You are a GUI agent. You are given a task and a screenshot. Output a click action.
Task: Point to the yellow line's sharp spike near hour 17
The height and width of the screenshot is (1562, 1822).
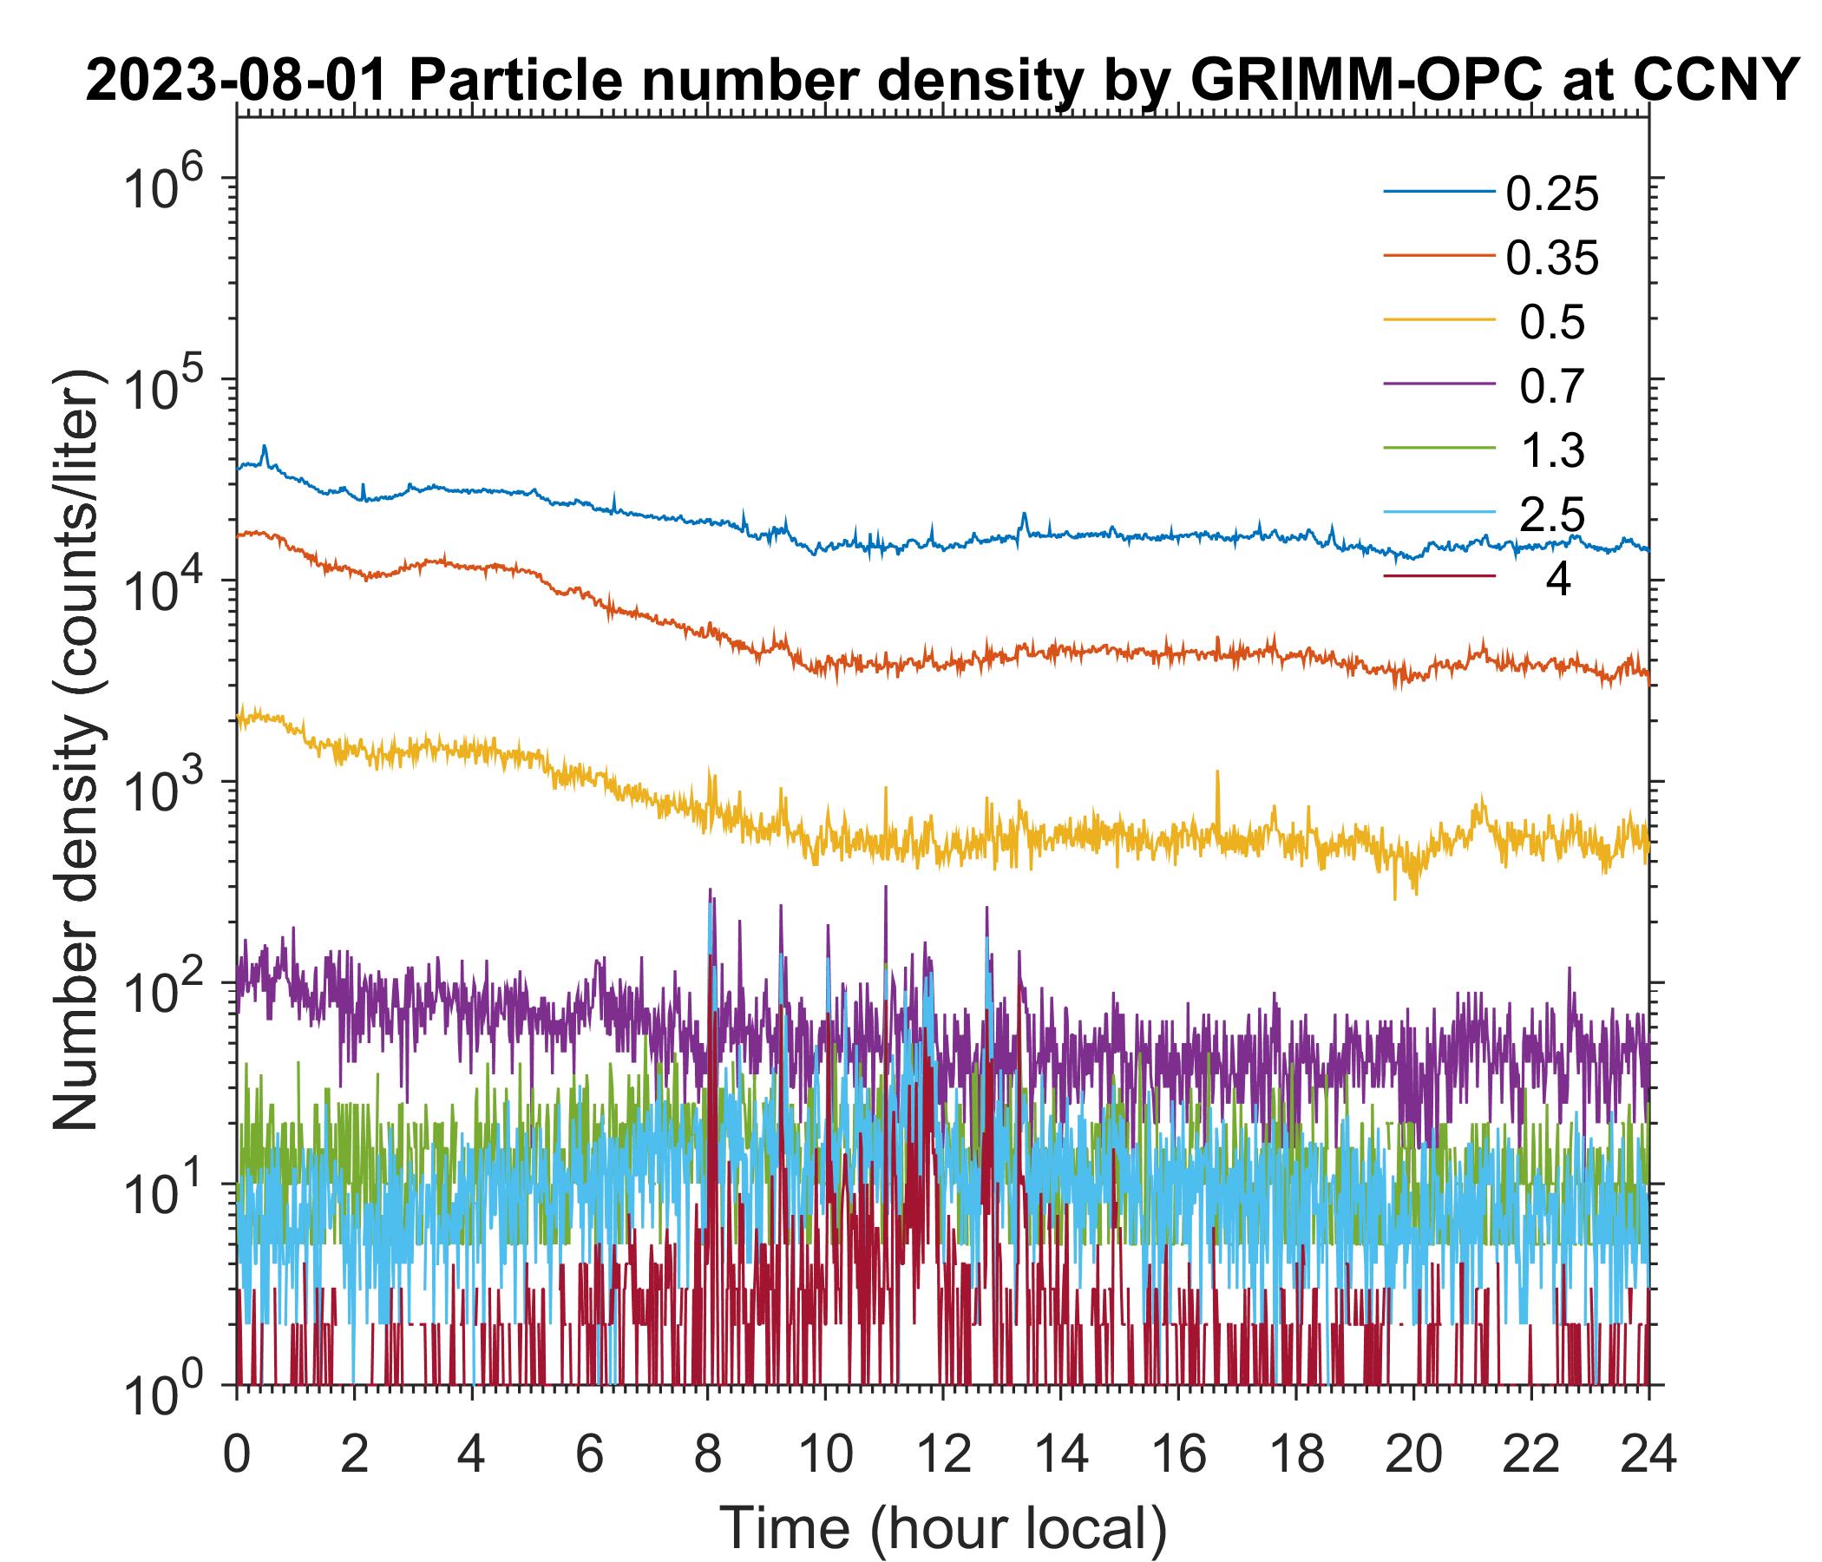tap(1218, 772)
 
